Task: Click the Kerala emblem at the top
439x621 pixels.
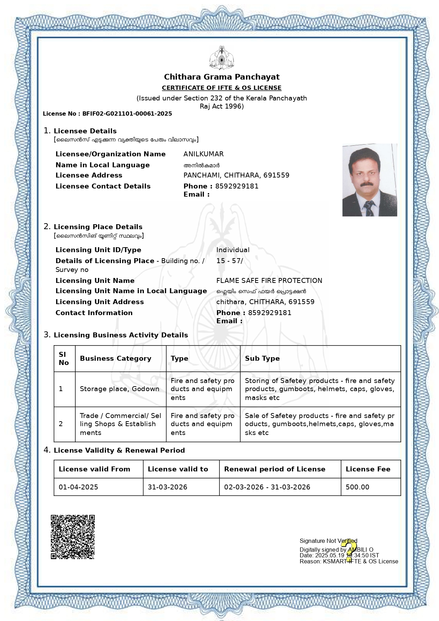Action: tap(222, 57)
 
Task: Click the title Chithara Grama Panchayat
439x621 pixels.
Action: tap(222, 77)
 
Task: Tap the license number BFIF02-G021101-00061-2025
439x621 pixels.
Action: tap(127, 114)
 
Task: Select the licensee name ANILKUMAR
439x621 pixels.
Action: tap(203, 154)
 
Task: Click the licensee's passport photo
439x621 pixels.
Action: tap(369, 180)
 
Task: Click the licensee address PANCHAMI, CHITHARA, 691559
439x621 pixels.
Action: tap(236, 175)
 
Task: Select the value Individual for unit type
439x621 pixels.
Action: tap(233, 250)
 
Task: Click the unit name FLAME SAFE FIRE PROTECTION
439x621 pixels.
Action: tap(269, 281)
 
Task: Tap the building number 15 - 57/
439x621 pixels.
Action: tap(229, 261)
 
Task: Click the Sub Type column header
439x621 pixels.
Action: tap(262, 358)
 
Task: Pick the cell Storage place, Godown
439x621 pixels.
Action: tap(119, 389)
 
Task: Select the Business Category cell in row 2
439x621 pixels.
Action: tap(120, 424)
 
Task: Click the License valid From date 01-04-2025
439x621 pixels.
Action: tap(78, 487)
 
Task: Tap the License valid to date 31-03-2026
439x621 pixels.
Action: tap(167, 487)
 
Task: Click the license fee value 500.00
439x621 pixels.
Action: tap(357, 487)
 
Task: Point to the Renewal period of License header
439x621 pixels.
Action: tap(274, 469)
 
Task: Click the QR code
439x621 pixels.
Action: tap(73, 537)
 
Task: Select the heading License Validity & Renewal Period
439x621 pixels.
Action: tap(119, 451)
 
